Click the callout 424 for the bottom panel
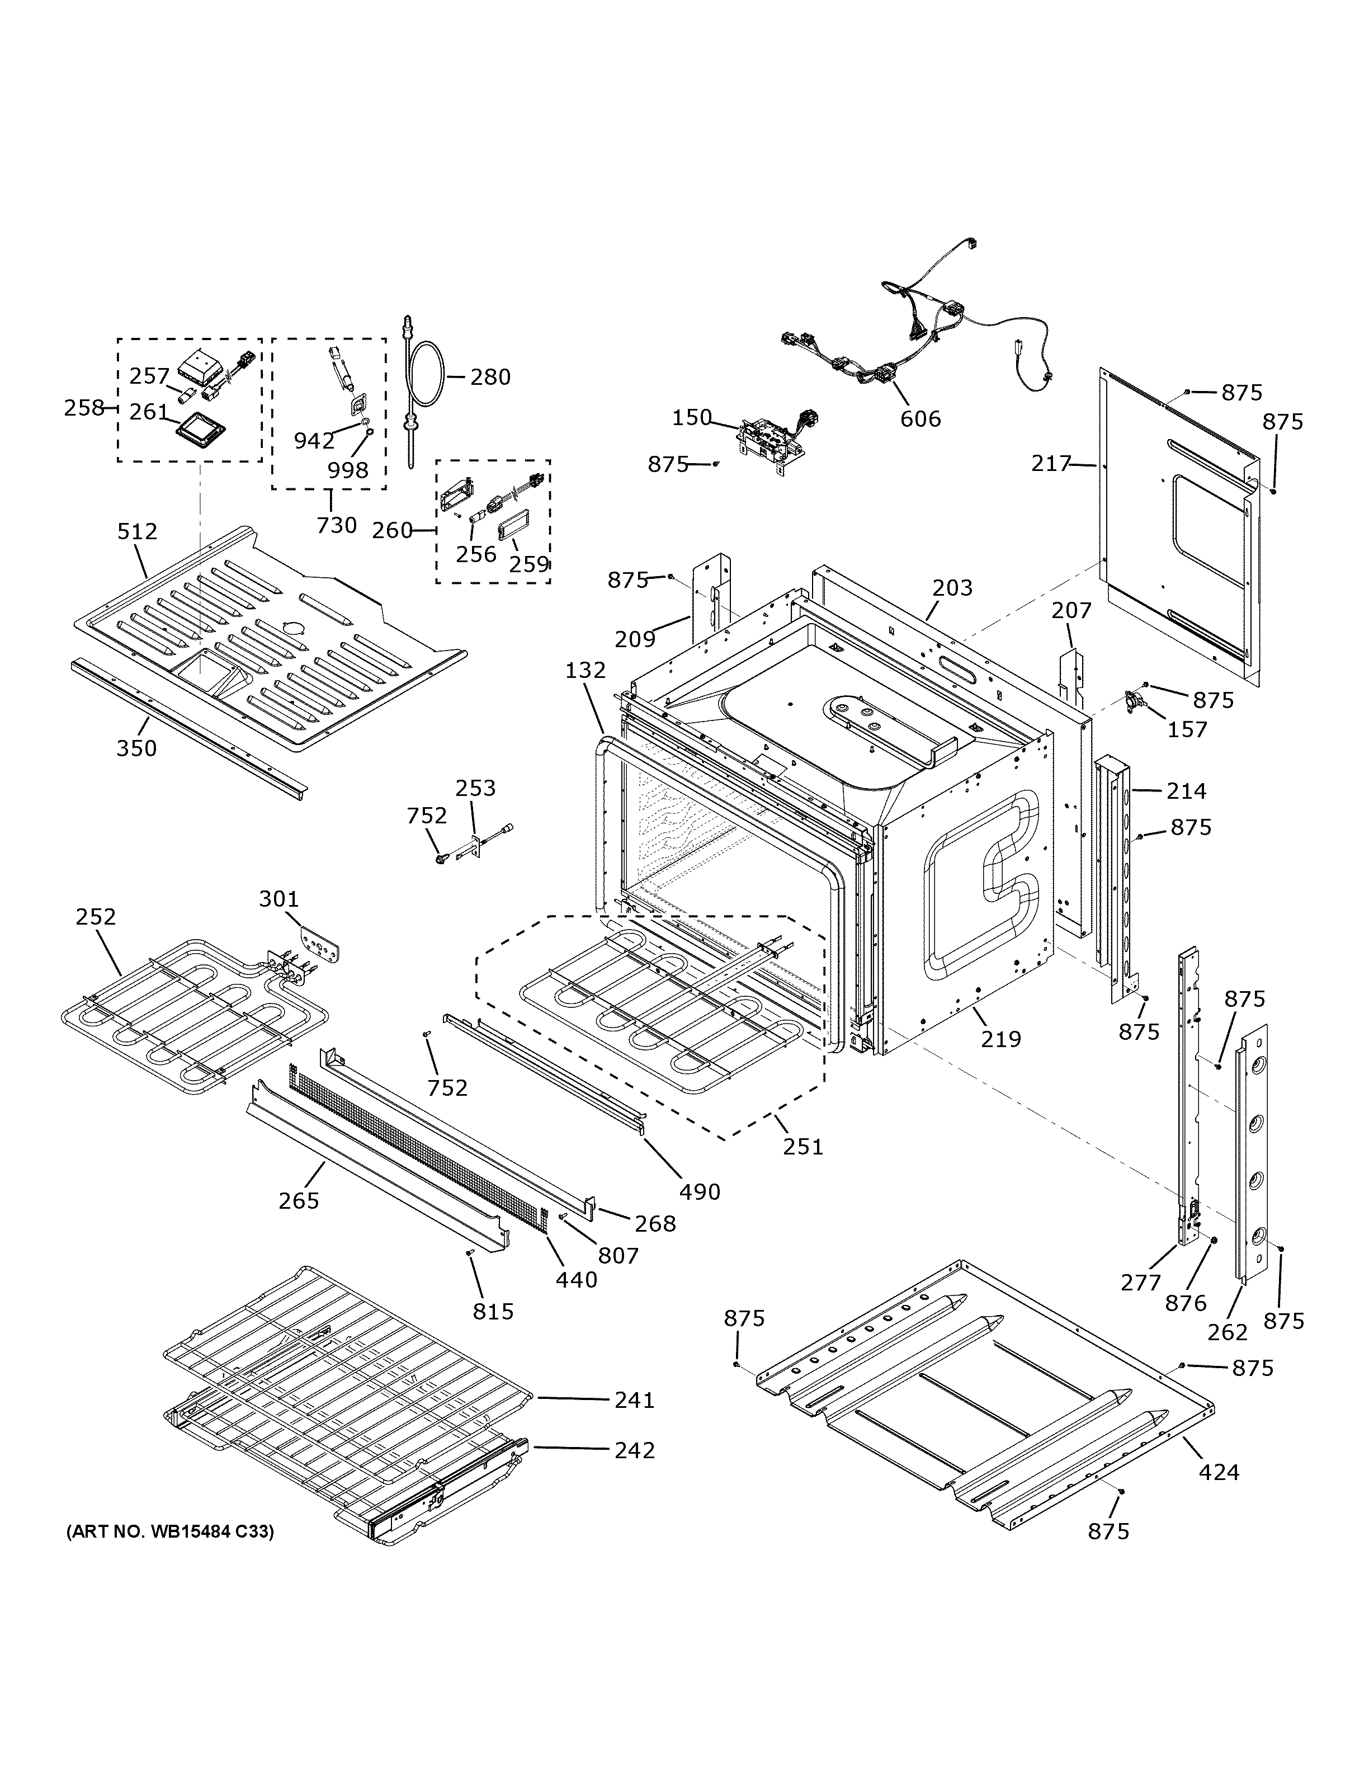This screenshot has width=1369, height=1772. [1219, 1471]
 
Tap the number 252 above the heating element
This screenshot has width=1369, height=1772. [96, 916]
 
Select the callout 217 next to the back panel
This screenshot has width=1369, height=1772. [1052, 464]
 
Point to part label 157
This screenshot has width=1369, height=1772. [1187, 729]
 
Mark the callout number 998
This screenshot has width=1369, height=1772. [348, 470]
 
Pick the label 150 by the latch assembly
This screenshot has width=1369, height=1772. [692, 418]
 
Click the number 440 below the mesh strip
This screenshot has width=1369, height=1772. [577, 1280]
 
